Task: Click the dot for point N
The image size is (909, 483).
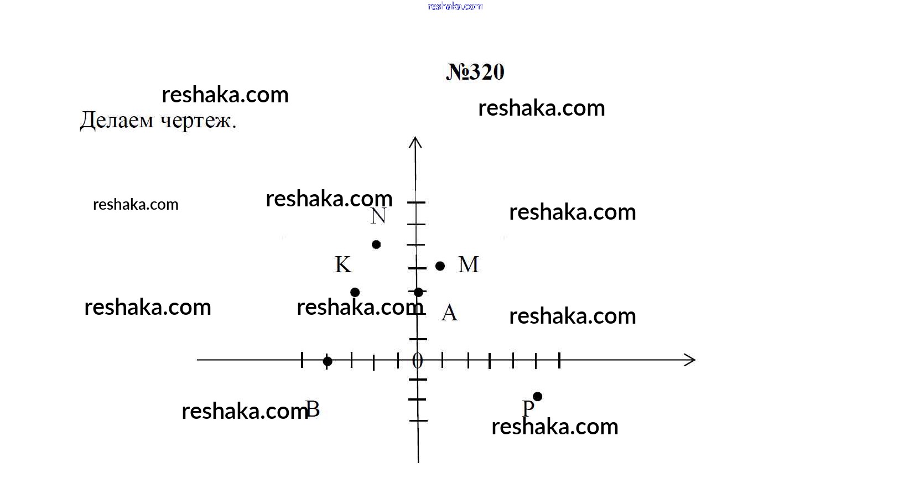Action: [376, 245]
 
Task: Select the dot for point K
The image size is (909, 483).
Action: [355, 292]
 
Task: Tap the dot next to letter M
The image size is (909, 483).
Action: [440, 266]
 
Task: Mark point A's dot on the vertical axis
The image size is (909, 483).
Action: [419, 292]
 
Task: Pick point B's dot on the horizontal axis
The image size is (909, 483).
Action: [328, 361]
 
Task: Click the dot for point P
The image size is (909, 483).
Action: [537, 397]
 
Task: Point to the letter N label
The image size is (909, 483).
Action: [378, 216]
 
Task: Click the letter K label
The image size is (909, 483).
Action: [344, 264]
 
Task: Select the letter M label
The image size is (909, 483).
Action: [469, 264]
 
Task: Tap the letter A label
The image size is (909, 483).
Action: [449, 313]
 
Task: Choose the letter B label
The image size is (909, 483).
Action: [313, 409]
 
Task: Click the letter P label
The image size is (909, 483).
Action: [528, 408]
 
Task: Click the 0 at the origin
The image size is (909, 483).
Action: [418, 360]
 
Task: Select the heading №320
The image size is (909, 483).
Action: [475, 72]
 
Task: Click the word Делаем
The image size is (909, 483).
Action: [117, 121]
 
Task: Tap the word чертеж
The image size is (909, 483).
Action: [198, 121]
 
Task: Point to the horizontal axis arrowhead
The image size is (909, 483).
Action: [690, 360]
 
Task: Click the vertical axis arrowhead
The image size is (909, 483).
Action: [415, 142]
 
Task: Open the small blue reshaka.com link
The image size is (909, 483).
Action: [455, 6]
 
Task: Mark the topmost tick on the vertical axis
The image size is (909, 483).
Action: [416, 202]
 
